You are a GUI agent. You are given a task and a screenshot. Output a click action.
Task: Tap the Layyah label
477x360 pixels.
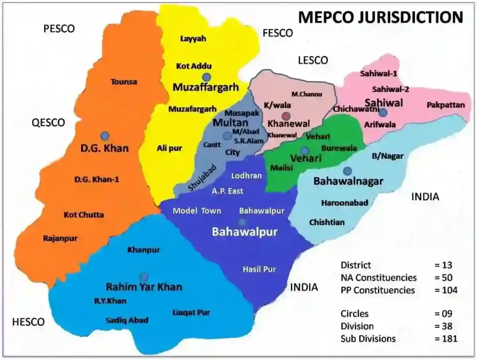193,39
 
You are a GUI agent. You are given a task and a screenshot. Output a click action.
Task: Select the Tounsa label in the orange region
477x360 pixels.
123,82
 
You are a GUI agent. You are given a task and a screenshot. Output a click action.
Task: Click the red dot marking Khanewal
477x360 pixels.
286,116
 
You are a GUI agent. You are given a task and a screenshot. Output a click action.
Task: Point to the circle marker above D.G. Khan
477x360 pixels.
105,136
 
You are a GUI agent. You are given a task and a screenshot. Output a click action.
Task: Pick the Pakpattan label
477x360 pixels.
445,105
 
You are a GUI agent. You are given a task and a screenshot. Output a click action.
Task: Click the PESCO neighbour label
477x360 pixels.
59,29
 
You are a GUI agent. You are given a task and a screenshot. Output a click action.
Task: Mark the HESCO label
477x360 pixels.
28,322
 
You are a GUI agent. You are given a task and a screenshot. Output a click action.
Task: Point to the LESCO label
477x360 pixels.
313,60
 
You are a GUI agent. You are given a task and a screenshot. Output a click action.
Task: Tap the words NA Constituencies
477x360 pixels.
379,278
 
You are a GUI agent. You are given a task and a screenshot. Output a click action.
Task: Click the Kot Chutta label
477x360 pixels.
84,215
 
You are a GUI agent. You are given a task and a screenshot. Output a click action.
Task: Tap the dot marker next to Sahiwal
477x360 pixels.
383,113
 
